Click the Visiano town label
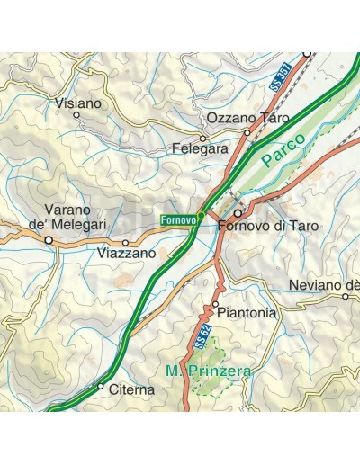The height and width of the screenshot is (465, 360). coord(77,103)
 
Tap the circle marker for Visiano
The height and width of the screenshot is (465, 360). coord(76,115)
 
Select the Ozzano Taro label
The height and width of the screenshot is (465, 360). coord(248,118)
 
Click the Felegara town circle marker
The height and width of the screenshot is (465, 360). coord(203,139)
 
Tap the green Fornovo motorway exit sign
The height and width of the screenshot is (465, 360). coord(180,219)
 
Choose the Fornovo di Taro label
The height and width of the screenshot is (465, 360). coord(264,226)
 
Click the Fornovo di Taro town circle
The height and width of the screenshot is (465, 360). coord(238,214)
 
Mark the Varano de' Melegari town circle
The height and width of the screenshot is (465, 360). coord(49,240)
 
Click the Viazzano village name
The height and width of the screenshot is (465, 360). coord(127,255)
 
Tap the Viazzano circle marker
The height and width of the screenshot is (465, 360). coord(125,243)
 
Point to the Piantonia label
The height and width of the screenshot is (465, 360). coord(239,314)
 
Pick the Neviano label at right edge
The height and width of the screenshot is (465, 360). coord(324,285)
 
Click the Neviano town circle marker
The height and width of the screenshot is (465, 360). coord(345,296)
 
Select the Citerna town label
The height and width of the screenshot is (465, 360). coord(131,389)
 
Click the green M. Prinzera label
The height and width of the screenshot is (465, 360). coord(209,371)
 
